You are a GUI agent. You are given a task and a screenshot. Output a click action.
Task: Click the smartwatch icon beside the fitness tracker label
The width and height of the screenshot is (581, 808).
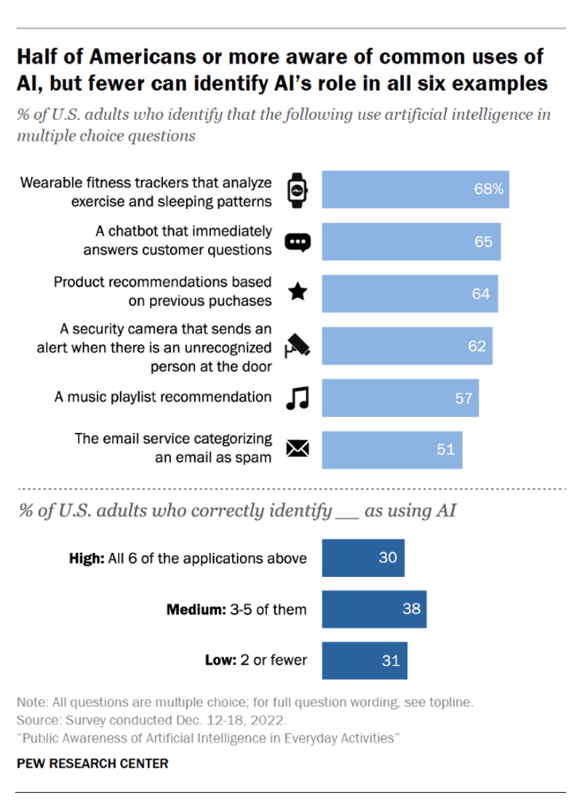point(297,190)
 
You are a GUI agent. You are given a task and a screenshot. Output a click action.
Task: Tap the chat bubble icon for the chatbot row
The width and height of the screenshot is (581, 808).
point(297,242)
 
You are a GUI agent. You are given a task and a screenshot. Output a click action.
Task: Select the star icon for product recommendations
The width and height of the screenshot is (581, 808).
point(297,292)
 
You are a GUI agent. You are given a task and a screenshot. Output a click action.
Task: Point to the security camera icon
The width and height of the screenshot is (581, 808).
point(297,346)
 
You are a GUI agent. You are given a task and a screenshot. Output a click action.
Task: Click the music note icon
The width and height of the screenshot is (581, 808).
point(297,397)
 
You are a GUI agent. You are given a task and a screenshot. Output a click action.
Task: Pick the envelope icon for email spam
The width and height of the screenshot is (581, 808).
point(297,450)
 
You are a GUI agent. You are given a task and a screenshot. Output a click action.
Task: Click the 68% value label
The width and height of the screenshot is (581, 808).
point(489,190)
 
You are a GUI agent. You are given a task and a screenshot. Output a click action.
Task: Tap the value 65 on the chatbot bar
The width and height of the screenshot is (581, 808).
point(483,242)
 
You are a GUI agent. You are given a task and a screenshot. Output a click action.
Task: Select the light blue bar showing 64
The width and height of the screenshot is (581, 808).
point(409,293)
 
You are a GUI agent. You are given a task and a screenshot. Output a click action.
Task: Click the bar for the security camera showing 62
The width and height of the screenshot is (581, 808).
point(406,346)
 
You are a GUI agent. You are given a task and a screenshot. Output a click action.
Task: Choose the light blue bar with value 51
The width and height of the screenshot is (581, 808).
point(392,450)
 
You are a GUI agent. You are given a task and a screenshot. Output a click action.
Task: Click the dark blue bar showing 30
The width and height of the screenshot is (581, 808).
point(363,558)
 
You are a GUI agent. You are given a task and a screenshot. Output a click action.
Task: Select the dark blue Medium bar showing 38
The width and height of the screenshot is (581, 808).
point(374,609)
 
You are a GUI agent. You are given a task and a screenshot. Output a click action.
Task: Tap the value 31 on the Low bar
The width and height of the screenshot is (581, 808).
point(390,661)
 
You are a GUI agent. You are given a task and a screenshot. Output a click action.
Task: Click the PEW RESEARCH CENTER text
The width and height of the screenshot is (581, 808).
point(92,764)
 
